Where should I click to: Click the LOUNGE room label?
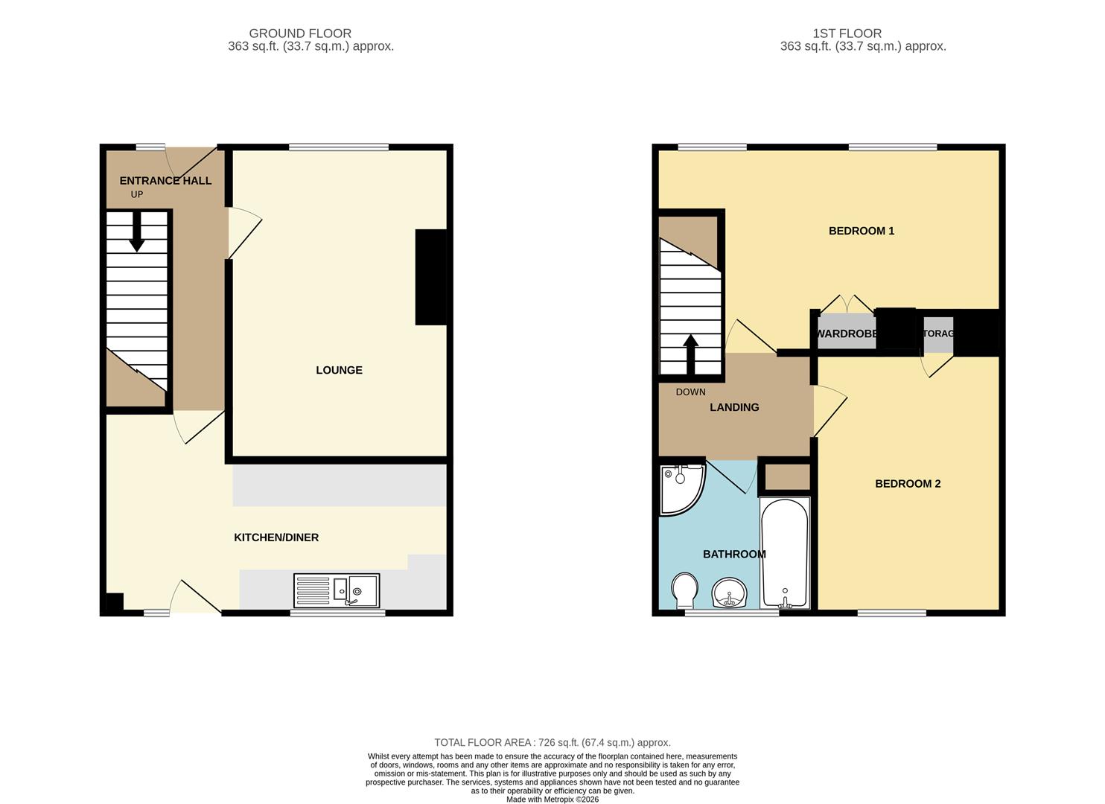click(339, 370)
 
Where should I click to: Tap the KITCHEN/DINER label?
click(276, 537)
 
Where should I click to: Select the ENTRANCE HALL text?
click(165, 180)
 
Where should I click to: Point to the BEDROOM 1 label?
click(861, 231)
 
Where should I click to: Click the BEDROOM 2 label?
click(907, 484)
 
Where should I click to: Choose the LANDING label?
click(734, 407)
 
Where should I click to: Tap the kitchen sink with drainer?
click(337, 590)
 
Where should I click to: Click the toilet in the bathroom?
click(684, 590)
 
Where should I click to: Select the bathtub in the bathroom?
click(784, 553)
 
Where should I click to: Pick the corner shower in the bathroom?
click(680, 489)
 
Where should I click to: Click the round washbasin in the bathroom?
click(729, 593)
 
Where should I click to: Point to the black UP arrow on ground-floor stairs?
click(137, 232)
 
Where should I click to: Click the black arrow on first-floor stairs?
click(690, 354)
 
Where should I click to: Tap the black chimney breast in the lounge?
click(430, 277)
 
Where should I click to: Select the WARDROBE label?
click(847, 334)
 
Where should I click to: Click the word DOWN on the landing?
click(690, 392)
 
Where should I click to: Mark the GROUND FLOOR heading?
click(300, 33)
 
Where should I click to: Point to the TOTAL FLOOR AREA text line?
click(552, 742)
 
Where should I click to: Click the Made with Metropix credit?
click(552, 800)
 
